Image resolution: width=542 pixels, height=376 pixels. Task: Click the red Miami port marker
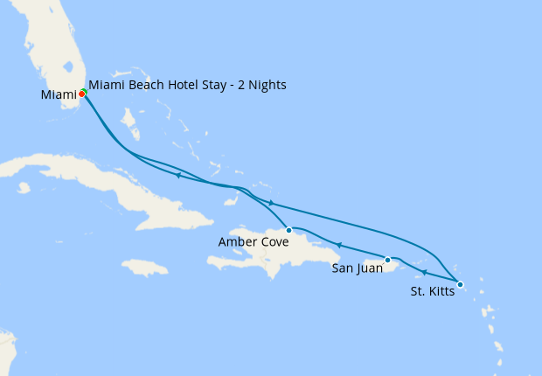coord(81,94)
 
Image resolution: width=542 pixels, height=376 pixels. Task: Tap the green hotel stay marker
coord(85,91)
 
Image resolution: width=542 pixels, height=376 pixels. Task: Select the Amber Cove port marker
coord(289,230)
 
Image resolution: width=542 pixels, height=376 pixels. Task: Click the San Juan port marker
coord(387,259)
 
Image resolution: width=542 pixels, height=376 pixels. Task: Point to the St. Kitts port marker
coord(460,284)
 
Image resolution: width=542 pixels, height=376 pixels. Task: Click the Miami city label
coord(58,94)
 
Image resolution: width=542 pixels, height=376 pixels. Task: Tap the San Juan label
coord(357,268)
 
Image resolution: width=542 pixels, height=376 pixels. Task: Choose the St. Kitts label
coord(432,291)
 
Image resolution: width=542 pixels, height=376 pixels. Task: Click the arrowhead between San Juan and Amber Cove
coord(337,246)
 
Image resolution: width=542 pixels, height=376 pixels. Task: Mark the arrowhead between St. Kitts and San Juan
coord(424,273)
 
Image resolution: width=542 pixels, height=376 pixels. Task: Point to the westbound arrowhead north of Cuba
coord(177,176)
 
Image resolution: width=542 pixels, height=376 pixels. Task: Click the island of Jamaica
coord(144,267)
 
